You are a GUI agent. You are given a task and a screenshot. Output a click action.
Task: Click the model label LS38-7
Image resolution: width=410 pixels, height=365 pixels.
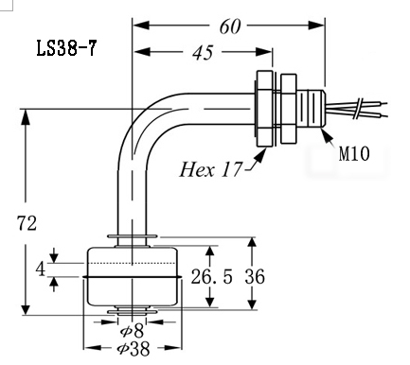[66, 48]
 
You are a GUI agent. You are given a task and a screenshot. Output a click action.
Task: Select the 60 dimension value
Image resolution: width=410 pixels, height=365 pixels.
[230, 26]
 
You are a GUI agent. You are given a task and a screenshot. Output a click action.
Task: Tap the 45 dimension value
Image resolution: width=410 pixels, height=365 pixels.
[203, 52]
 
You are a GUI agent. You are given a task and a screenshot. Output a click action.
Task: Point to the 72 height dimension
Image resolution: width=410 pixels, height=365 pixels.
[27, 223]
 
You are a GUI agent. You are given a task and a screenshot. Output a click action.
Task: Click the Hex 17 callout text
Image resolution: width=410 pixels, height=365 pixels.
[211, 169]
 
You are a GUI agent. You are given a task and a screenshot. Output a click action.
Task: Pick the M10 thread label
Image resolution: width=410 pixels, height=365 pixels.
[354, 154]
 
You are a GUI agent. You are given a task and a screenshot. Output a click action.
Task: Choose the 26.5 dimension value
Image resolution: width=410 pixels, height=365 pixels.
[212, 276]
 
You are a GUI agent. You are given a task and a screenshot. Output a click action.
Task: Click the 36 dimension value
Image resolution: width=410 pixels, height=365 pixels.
[255, 276]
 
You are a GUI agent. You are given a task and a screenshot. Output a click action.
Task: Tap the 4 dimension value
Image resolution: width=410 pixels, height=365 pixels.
[41, 269]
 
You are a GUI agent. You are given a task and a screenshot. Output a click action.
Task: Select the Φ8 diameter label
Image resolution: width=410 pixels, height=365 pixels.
[132, 331]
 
